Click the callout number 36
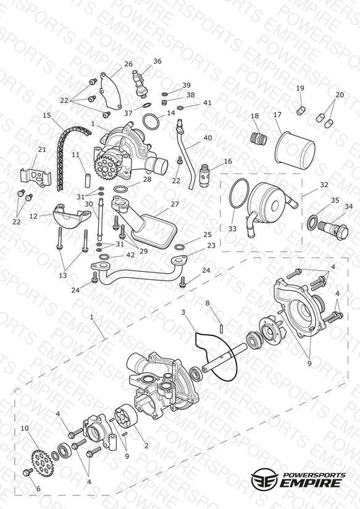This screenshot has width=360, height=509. point(157,61)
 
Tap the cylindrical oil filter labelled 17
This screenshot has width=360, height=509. point(295,149)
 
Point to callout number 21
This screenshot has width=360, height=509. point(42,149)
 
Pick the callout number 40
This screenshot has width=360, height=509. point(207,138)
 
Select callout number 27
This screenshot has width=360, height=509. point(175,204)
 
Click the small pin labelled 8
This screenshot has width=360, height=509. point(221,328)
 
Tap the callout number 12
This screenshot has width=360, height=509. point(33,216)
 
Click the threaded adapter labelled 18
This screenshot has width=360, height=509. point(259,138)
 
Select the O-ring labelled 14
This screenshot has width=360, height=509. point(151,122)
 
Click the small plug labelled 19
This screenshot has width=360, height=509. point(300,110)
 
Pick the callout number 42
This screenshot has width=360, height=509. point(130,255)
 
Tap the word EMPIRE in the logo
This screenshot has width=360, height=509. point(311,482)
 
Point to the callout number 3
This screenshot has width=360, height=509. point(183,313)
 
